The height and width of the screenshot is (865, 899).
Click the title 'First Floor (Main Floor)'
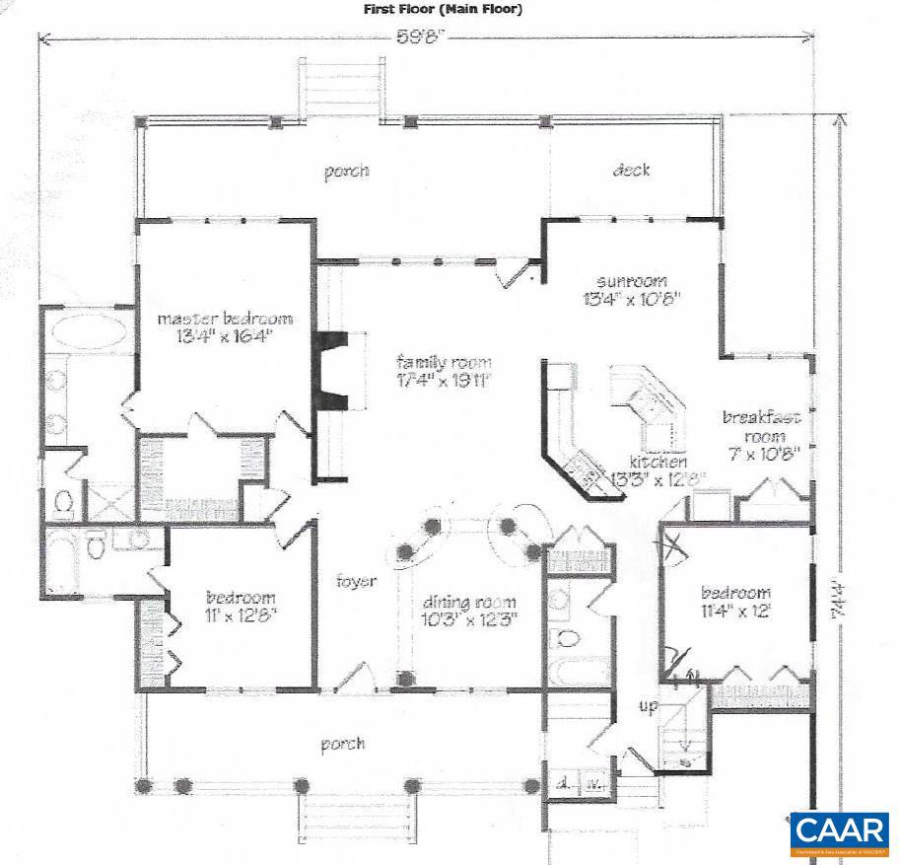(443, 9)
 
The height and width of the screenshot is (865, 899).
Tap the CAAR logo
(839, 833)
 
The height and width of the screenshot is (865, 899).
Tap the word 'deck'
(631, 170)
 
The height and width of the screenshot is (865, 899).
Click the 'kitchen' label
(659, 461)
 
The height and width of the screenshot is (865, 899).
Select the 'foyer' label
(356, 581)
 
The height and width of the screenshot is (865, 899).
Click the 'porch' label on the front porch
(342, 744)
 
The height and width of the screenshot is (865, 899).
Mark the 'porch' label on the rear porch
(347, 171)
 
